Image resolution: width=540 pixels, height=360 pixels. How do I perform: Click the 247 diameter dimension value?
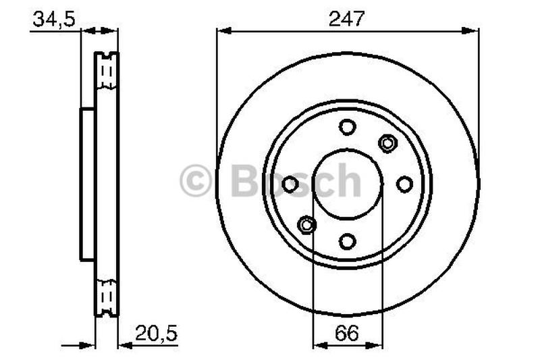(347, 18)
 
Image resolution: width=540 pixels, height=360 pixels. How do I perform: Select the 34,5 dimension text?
(53, 19)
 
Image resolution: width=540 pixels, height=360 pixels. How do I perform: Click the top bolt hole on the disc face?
(347, 127)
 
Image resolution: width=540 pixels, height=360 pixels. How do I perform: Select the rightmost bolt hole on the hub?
(404, 184)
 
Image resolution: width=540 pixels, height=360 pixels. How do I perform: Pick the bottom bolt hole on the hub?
(347, 241)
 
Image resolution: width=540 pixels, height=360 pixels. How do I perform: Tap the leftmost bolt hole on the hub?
(290, 184)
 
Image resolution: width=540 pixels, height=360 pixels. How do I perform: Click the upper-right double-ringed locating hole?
(387, 143)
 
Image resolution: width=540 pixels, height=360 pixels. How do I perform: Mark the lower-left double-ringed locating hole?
(307, 224)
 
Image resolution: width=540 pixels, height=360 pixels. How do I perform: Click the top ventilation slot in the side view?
(106, 72)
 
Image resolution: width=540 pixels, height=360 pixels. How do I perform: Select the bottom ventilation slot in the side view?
(106, 296)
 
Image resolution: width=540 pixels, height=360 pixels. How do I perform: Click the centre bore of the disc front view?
(347, 184)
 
